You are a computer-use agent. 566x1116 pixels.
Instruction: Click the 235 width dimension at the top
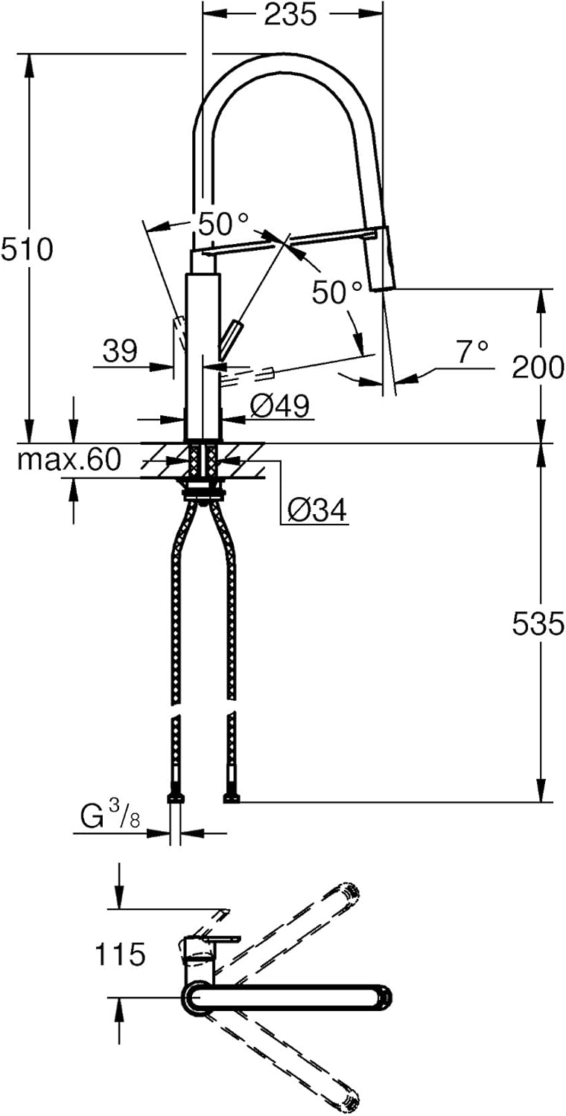point(290,14)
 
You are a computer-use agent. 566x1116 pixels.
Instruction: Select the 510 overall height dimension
point(26,249)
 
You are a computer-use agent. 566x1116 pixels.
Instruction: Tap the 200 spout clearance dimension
point(538,368)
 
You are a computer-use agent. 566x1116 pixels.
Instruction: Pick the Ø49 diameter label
point(280,406)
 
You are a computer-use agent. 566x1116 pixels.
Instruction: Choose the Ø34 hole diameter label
point(317,510)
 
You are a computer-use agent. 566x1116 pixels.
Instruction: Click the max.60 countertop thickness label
point(69,460)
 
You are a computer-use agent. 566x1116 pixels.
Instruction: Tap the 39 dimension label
point(120,351)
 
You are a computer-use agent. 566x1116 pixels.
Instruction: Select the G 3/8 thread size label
point(110,816)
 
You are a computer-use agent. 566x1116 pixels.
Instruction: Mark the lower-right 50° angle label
point(337,292)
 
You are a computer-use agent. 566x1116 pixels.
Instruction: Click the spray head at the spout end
point(382,258)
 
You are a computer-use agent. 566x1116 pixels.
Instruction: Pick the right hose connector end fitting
point(231,789)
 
